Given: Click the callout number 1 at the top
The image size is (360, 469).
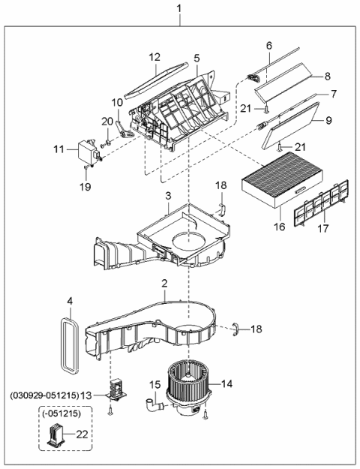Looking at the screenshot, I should point(178,8).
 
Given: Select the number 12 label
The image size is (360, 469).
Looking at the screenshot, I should point(154,57).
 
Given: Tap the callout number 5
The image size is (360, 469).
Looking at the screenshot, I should point(196,58).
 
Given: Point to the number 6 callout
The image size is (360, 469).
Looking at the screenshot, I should point(268,47).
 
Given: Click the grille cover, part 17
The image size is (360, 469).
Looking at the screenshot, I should point(319,203).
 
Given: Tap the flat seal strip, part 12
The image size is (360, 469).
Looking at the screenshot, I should point(156,78).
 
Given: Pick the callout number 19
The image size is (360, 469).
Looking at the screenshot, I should point(85,185).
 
